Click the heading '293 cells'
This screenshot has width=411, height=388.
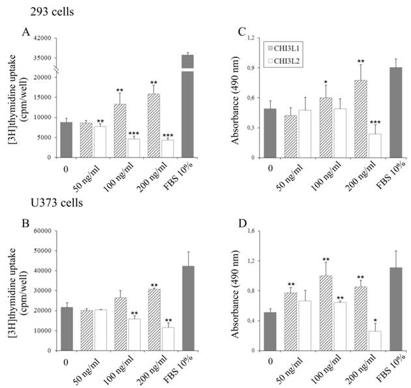[38, 12]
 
